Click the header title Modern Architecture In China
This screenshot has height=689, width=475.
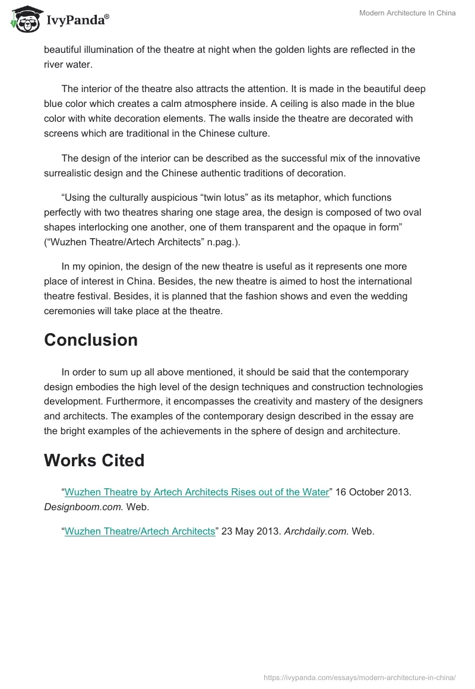[407, 13]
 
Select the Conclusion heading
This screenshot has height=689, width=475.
[91, 340]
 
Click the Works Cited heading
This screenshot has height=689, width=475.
[94, 460]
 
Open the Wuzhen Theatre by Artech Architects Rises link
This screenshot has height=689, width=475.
[197, 492]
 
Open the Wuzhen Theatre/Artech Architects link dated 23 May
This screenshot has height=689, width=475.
[140, 532]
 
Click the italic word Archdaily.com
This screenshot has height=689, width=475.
[316, 532]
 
